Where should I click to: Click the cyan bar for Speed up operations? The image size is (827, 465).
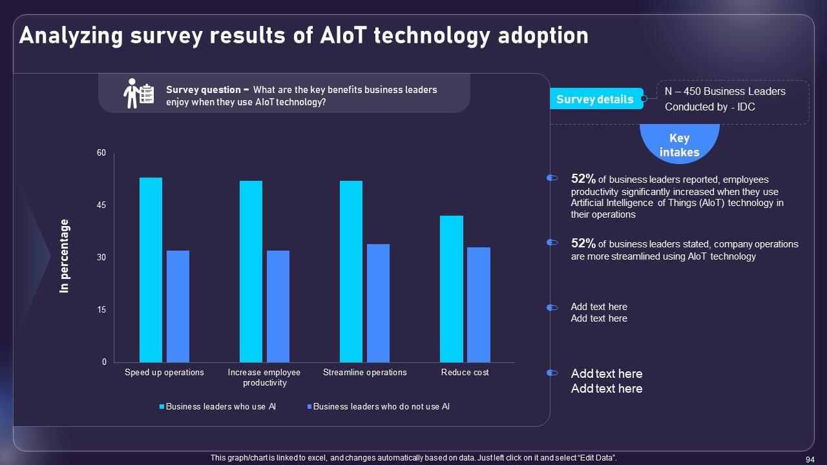[x=151, y=270]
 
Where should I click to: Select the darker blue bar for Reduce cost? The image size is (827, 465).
[x=479, y=305]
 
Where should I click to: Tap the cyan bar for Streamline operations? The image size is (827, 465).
[x=351, y=271]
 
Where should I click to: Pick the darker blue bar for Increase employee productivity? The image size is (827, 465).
[x=278, y=306]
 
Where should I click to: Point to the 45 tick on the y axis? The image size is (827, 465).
[x=101, y=205]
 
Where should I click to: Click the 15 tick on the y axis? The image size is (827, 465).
[x=101, y=310]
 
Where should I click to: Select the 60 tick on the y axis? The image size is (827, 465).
[x=101, y=153]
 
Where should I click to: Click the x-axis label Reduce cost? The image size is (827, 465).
[x=465, y=373]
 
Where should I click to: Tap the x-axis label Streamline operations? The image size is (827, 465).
[x=365, y=373]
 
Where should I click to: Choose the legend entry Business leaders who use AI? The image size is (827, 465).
[x=220, y=407]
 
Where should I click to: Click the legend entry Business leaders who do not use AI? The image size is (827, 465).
[x=381, y=407]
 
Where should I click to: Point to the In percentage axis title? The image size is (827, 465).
[x=65, y=256]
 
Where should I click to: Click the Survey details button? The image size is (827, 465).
[x=595, y=99]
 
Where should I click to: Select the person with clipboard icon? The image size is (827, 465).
[x=138, y=94]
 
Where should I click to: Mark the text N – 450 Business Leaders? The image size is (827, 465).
[x=725, y=92]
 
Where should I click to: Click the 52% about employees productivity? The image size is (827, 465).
[x=583, y=179]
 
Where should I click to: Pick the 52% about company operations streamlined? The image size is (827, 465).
[x=583, y=243]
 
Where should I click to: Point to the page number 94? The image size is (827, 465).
[x=810, y=459]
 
